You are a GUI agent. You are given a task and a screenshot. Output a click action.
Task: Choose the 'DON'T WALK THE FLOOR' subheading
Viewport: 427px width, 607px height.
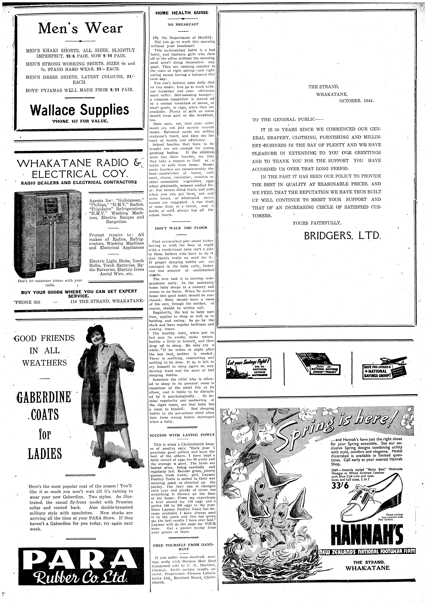(x=181, y=228)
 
